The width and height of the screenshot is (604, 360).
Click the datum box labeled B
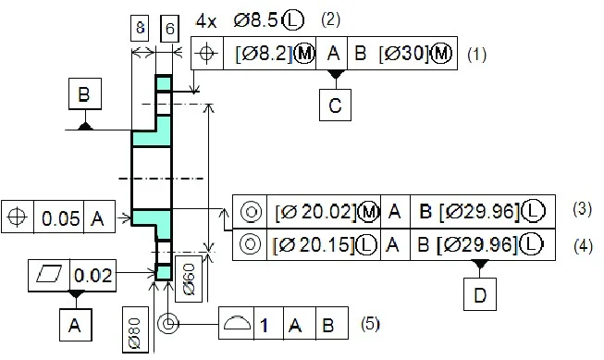84,95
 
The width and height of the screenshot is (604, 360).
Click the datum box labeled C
335,106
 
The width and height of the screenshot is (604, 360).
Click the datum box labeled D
479,295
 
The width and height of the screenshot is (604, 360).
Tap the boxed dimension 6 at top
168,29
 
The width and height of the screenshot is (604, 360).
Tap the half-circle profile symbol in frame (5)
237,325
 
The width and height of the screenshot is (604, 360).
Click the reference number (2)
330,19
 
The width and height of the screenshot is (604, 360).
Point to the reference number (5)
370,325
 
